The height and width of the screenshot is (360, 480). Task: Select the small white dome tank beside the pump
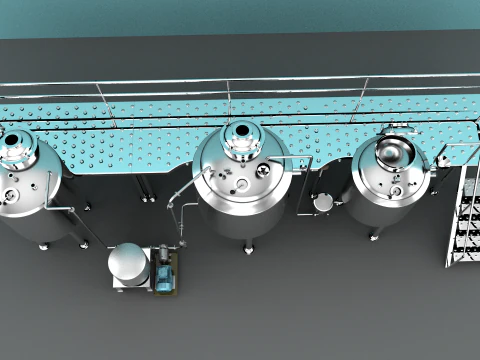click(x=128, y=262)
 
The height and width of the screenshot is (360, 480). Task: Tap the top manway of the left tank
click(x=17, y=145)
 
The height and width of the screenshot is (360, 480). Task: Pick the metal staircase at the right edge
click(x=463, y=215)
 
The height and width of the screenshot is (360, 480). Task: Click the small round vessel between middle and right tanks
click(x=323, y=202)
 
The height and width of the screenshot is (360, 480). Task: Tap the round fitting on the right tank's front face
click(x=398, y=187)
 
